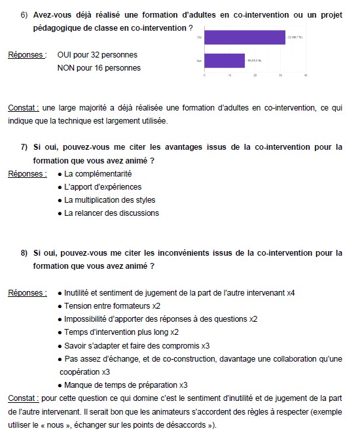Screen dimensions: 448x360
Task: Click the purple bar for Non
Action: click(225, 61)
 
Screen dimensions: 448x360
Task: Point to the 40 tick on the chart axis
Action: click(306, 76)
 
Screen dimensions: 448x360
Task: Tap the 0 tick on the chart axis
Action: click(205, 76)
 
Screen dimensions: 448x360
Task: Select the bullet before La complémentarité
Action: click(60, 174)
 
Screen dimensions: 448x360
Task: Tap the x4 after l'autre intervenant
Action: click(291, 293)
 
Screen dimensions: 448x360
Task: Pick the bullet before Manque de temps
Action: click(60, 385)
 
